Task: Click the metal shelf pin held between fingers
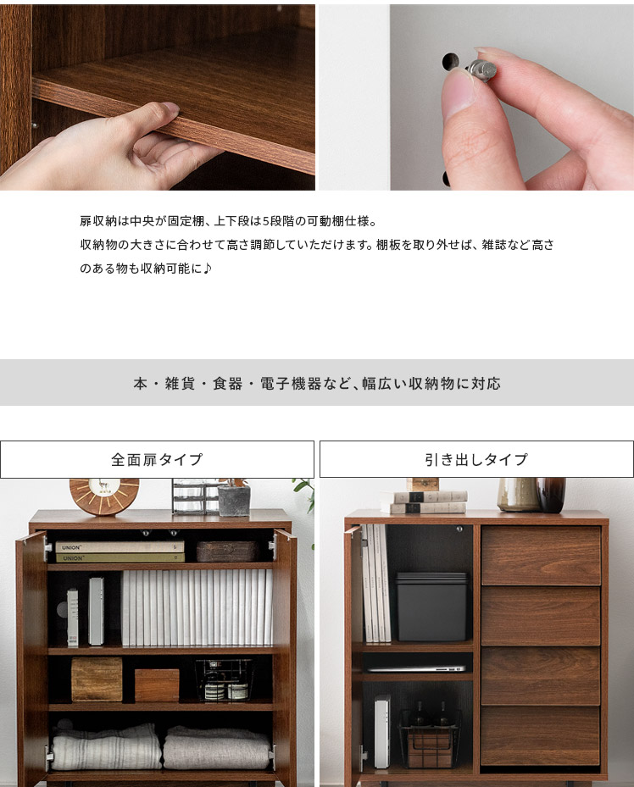click(481, 71)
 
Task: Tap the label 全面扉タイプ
click(157, 459)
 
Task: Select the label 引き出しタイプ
click(476, 459)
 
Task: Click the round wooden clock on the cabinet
click(104, 496)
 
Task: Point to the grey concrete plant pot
click(234, 501)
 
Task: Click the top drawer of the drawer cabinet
click(541, 555)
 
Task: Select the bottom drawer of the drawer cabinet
click(541, 735)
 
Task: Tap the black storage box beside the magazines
click(431, 607)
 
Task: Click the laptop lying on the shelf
click(415, 668)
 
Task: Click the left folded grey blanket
click(106, 747)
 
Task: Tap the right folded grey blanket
click(216, 747)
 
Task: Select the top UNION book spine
click(120, 547)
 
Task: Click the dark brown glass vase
click(551, 495)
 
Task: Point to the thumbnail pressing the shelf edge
click(170, 108)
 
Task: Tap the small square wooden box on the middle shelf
click(157, 684)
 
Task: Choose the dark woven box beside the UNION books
click(227, 551)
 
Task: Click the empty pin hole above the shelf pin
click(450, 61)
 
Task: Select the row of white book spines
click(197, 607)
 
